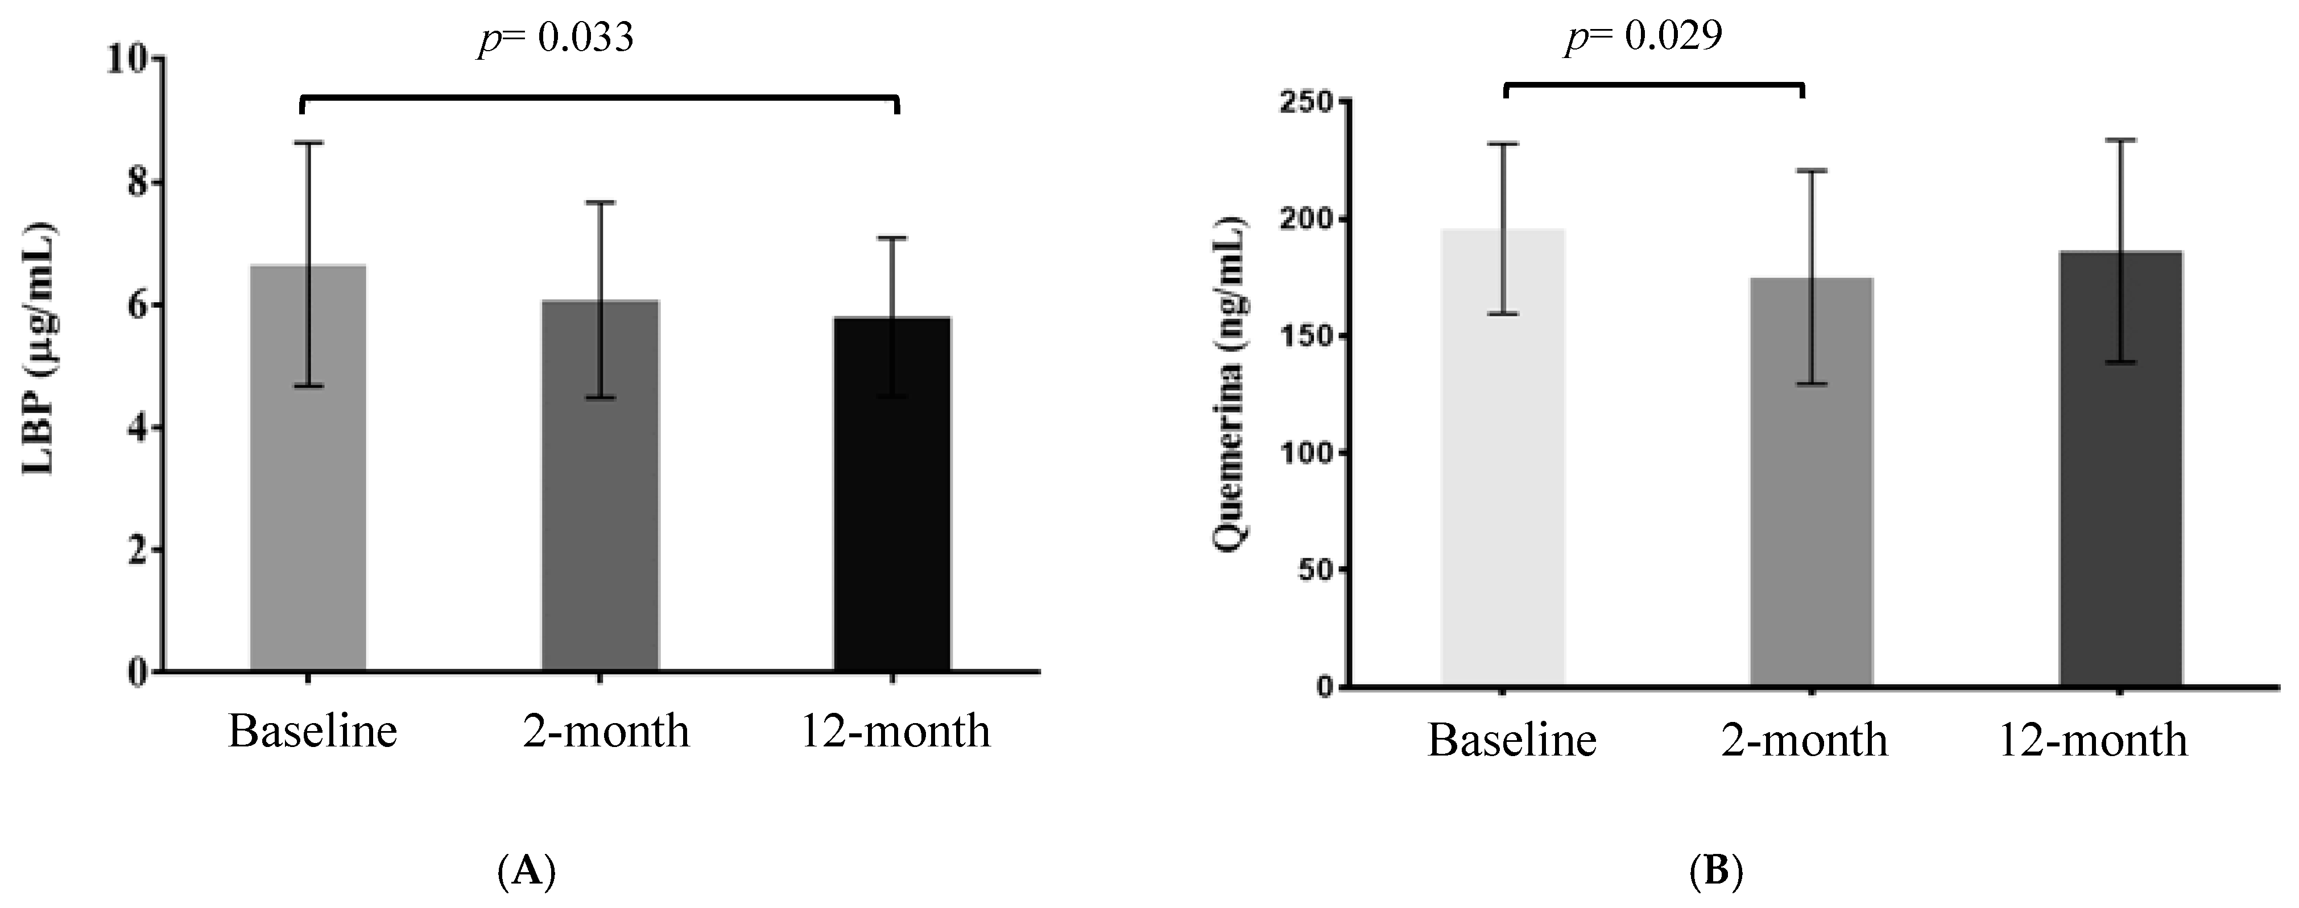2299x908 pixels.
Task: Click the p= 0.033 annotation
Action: pyautogui.click(x=556, y=38)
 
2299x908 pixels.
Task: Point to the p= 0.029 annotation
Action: pyautogui.click(x=1643, y=36)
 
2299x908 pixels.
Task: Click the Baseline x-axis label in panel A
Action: pyautogui.click(x=312, y=732)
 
